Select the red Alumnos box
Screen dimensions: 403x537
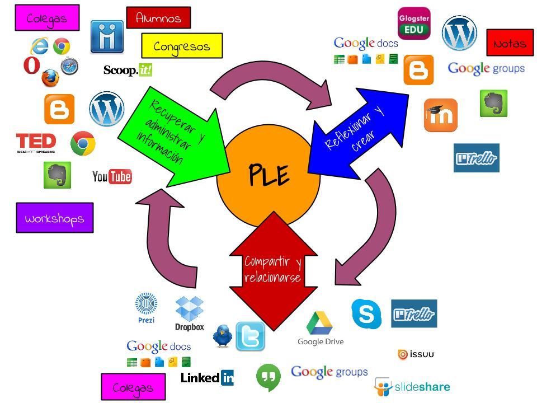click(158, 18)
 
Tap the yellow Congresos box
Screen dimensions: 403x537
click(182, 46)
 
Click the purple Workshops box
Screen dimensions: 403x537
click(55, 218)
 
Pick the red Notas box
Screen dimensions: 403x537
click(510, 43)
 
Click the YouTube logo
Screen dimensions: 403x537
click(112, 177)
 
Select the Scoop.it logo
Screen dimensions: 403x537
click(128, 70)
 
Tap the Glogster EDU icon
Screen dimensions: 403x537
click(414, 23)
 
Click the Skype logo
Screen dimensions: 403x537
click(366, 313)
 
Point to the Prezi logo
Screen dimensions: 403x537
click(146, 307)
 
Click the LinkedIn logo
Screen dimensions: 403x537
click(207, 378)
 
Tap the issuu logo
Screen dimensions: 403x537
click(416, 354)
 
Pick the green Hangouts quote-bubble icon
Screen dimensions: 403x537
click(268, 377)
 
